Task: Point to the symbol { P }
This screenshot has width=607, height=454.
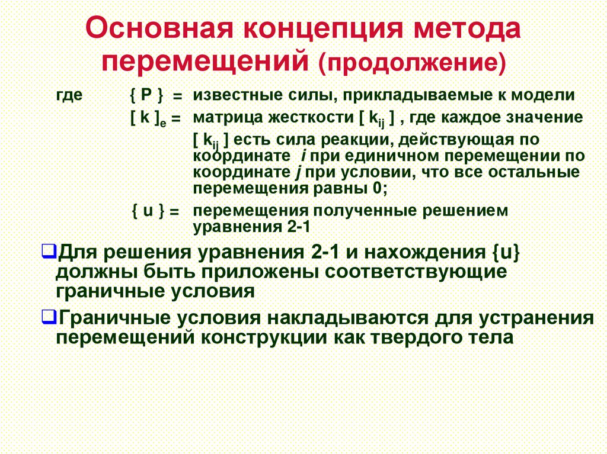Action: coord(147,95)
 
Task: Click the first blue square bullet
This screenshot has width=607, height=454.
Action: coord(49,251)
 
